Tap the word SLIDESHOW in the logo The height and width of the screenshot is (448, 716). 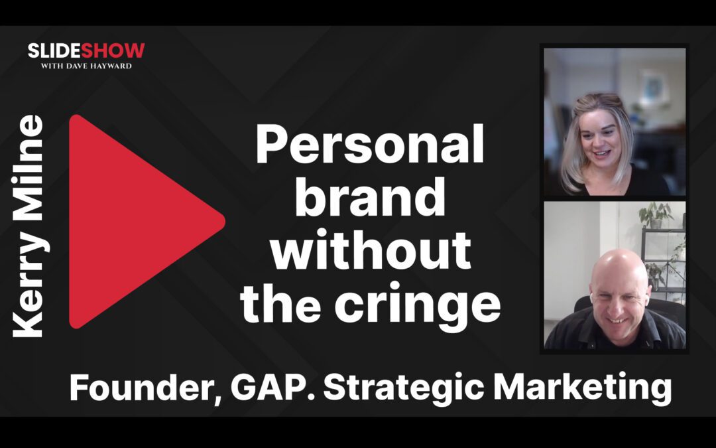tap(86, 50)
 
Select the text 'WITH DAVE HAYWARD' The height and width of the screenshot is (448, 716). tap(86, 65)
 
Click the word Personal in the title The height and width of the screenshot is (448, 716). tap(370, 147)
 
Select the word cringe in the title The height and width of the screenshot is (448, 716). tap(416, 304)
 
